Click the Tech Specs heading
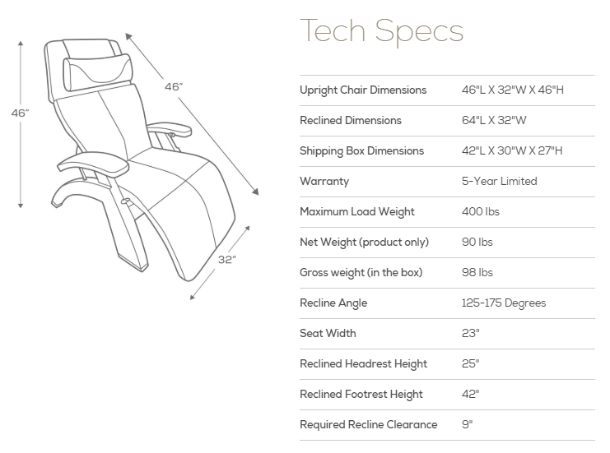click(x=381, y=32)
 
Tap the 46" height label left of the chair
click(x=20, y=113)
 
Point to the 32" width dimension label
click(x=227, y=259)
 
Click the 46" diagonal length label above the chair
click(x=173, y=86)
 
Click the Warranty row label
click(x=324, y=181)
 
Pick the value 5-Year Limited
click(x=499, y=181)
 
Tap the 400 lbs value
click(x=481, y=211)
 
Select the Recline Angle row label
click(x=333, y=303)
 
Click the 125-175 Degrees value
click(x=504, y=303)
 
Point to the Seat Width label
click(x=328, y=333)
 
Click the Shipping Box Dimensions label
click(x=361, y=150)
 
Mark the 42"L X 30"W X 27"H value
click(x=512, y=150)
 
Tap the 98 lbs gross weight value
click(x=478, y=272)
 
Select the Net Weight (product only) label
click(x=364, y=242)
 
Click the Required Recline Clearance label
click(x=368, y=424)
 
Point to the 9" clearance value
click(x=467, y=424)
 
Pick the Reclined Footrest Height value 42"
click(x=470, y=394)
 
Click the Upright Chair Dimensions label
click(x=363, y=90)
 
